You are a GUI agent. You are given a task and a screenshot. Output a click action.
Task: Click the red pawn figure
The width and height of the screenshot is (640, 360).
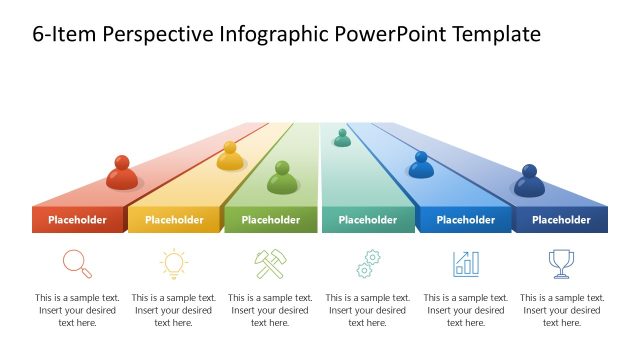coord(122,174)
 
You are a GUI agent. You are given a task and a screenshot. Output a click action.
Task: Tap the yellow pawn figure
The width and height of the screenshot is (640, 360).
coord(230,156)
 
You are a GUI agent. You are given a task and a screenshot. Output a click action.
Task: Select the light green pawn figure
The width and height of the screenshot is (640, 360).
coord(283,179)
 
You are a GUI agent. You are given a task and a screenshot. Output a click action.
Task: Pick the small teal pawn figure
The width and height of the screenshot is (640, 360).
coord(342,138)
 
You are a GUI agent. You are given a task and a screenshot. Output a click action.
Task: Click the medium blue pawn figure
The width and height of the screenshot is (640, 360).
coord(421,166)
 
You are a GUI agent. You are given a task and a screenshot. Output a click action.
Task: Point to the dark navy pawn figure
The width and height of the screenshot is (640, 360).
coord(529,182)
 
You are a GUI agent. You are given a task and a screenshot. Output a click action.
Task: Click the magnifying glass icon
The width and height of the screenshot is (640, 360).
coord(77,263)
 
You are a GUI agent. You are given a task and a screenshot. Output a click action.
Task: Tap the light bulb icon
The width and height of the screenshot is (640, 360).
coord(174,263)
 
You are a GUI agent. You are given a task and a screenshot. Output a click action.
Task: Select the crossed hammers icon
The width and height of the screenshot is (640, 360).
coord(270,263)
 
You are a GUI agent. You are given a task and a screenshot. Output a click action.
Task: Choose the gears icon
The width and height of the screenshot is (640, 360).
coord(368,264)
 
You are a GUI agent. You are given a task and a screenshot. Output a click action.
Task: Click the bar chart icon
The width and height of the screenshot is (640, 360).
coord(466,263)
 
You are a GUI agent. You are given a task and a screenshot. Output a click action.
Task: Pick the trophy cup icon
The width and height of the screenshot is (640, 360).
coord(561,263)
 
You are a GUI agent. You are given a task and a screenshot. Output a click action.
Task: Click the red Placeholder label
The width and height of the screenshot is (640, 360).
coord(77,220)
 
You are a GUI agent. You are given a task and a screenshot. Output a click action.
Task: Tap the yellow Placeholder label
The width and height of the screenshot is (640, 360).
coord(174,220)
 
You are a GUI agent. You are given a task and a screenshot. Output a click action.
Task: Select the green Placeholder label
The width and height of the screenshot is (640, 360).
coord(270,220)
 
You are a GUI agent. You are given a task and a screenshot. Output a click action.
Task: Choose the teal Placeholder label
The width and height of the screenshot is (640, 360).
coord(367,220)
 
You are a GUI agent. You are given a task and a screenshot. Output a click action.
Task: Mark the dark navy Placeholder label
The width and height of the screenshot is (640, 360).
coord(561,220)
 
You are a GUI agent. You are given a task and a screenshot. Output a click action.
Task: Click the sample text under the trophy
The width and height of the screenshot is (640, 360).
coord(561,310)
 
